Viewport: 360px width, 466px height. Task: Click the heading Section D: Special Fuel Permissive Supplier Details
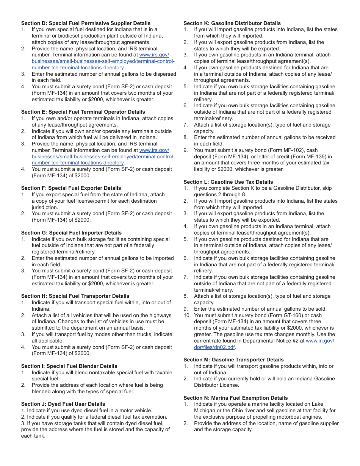pyautogui.click(x=86, y=23)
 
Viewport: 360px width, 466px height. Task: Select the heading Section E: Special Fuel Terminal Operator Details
pyautogui.click(x=83, y=112)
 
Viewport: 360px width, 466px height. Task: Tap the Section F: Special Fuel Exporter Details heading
pyautogui.click(x=71, y=188)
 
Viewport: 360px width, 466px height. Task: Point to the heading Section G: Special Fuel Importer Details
pyautogui.click(x=72, y=233)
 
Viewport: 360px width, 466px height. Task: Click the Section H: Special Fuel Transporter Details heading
pyautogui.click(x=75, y=296)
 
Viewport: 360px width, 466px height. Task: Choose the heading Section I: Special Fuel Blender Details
pyautogui.click(x=69, y=366)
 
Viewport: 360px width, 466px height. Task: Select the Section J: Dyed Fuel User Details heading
pyautogui.click(x=63, y=404)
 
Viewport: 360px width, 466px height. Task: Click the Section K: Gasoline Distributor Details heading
pyautogui.click(x=232, y=23)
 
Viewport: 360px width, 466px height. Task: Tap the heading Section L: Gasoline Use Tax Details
pyautogui.click(x=228, y=182)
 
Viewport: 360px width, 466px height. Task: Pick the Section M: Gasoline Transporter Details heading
pyautogui.click(x=233, y=360)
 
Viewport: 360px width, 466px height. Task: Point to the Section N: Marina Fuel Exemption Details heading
pyautogui.click(x=236, y=398)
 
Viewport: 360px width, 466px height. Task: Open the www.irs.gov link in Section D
pyautogui.click(x=154, y=55)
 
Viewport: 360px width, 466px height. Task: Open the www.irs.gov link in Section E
pyautogui.click(x=154, y=150)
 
